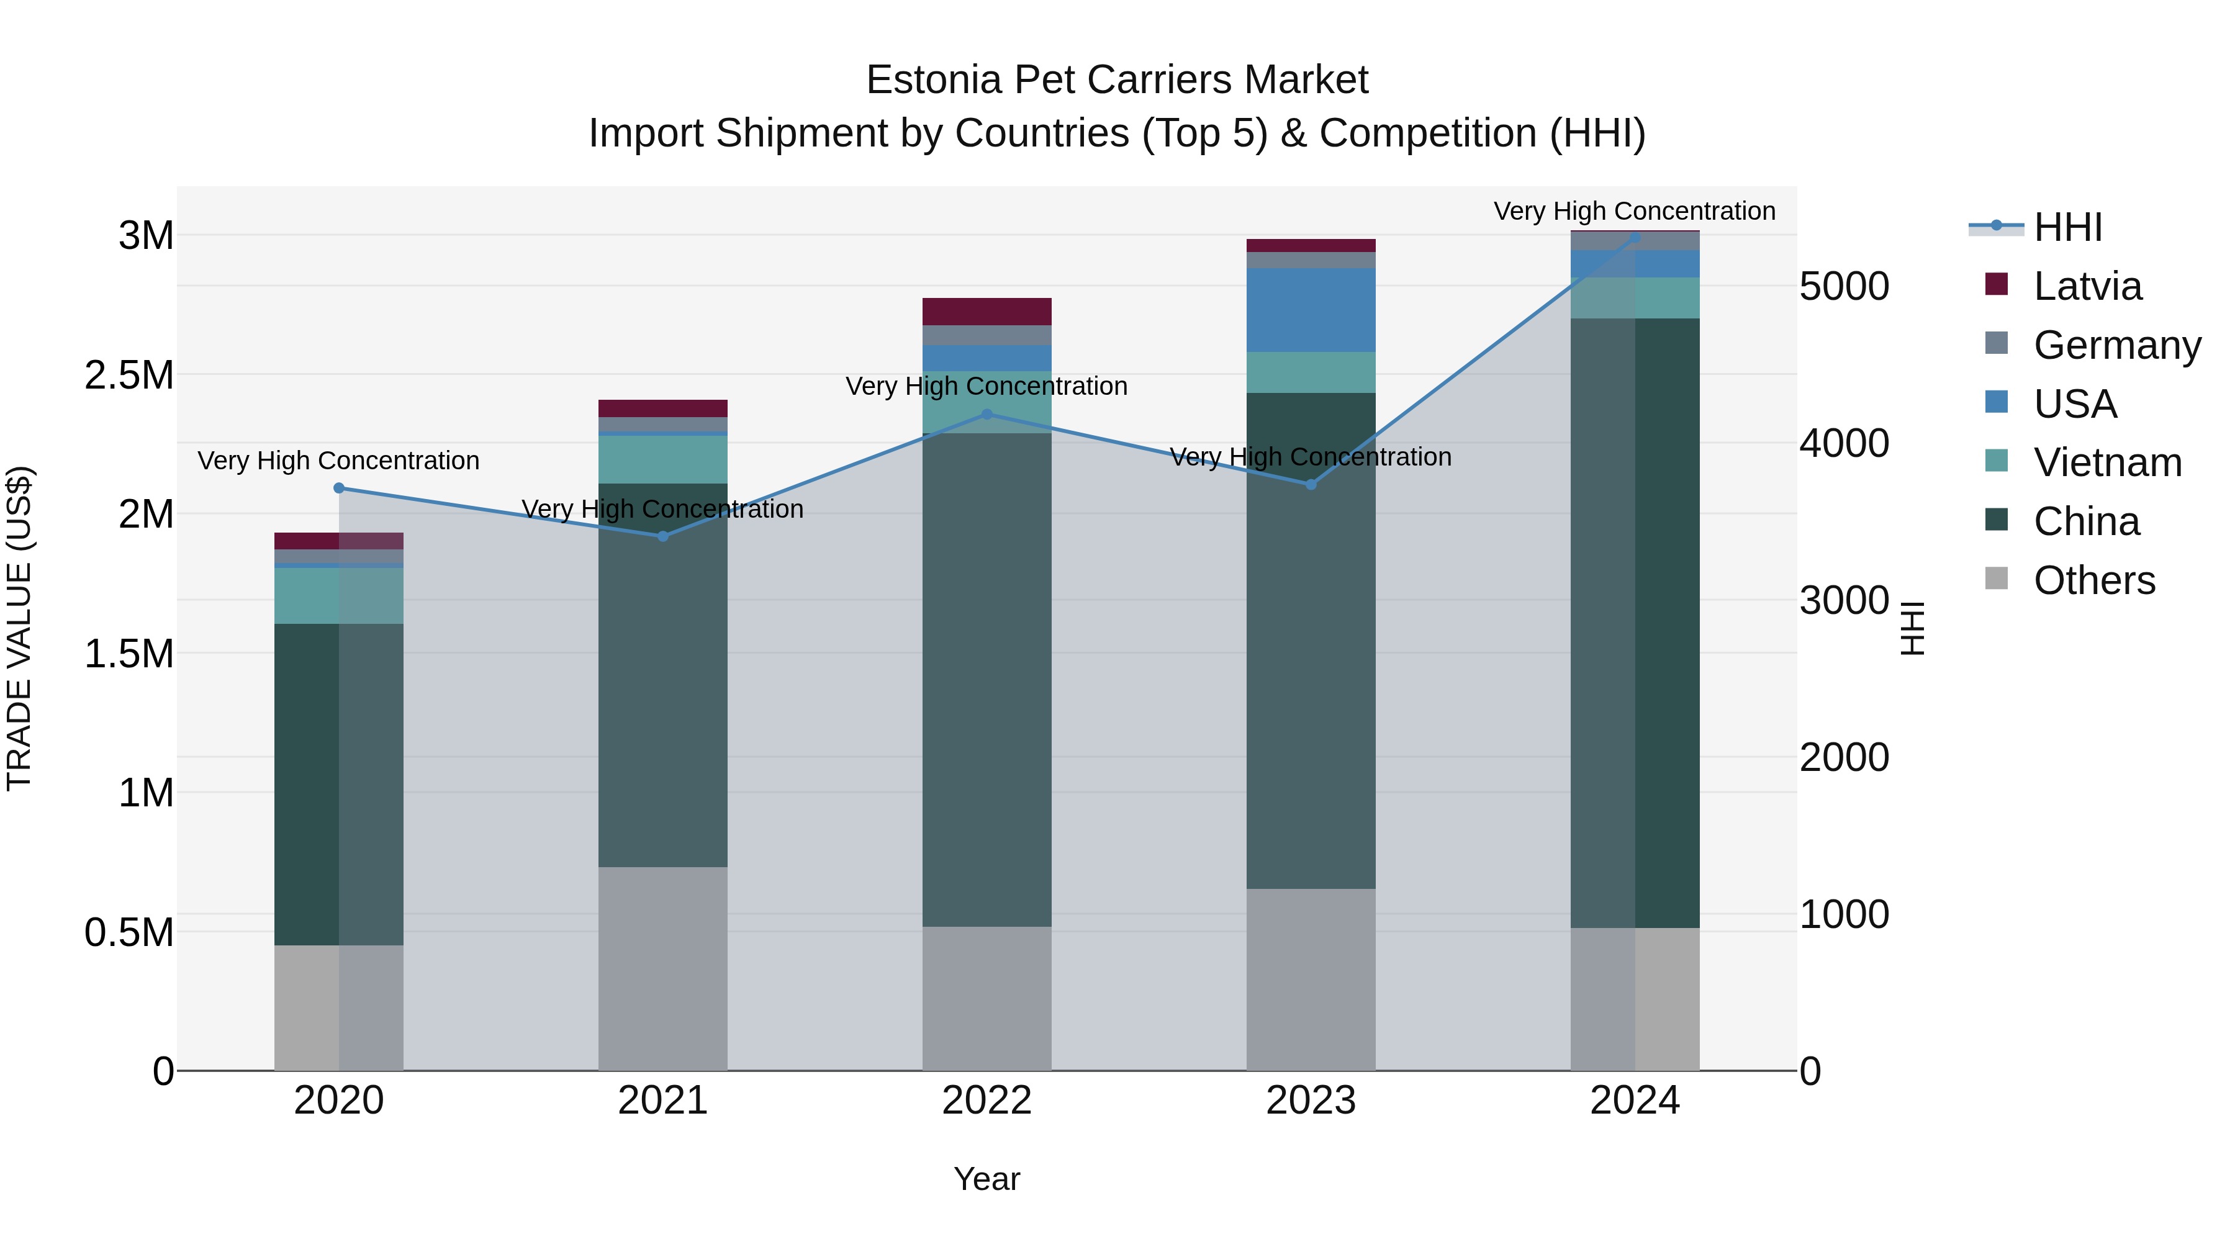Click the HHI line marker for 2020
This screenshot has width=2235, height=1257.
click(x=339, y=489)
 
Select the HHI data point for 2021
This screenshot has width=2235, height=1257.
click(x=663, y=536)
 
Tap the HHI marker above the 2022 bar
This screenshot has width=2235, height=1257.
click(x=987, y=415)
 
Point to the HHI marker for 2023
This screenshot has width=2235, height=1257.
click(x=1311, y=485)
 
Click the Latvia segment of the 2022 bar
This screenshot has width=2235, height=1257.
click(x=987, y=312)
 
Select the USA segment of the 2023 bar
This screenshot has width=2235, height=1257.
click(x=1311, y=310)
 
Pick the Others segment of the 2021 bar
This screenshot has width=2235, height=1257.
click(x=663, y=968)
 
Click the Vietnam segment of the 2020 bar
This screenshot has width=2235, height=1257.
click(x=339, y=595)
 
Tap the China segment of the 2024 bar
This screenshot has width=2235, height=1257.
click(x=1635, y=623)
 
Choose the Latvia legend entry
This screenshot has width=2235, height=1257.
click(x=2087, y=286)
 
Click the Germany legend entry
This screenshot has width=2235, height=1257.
click(x=2117, y=345)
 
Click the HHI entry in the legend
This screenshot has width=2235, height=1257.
click(x=2067, y=227)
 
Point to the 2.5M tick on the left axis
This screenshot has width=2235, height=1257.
click(x=129, y=375)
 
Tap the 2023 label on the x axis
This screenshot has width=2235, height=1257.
click(x=1311, y=1101)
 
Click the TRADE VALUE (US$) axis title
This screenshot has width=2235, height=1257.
click(x=19, y=628)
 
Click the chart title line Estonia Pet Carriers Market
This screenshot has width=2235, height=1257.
click(x=1117, y=80)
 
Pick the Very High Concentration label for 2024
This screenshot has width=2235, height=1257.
click(x=1635, y=211)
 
